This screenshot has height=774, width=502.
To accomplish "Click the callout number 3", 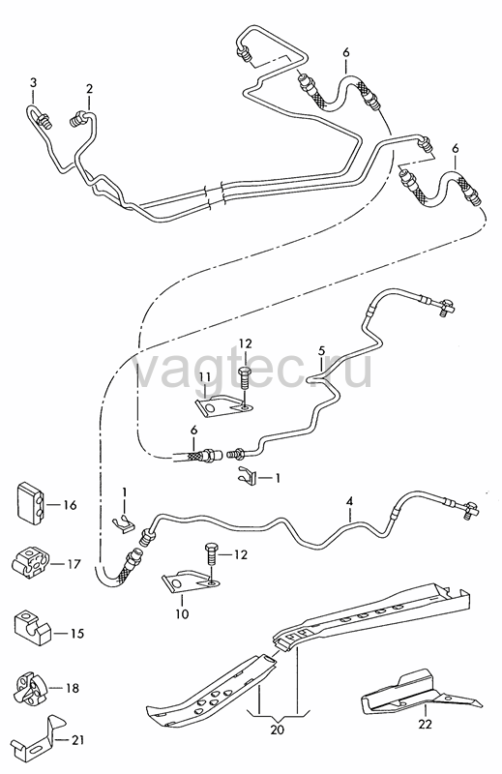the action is click(33, 82).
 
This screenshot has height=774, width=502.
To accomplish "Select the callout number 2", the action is click(89, 89).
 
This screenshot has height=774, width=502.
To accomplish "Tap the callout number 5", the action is click(321, 351).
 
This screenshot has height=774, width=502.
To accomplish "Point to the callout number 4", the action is click(349, 501).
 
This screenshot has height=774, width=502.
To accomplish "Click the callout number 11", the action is click(205, 377).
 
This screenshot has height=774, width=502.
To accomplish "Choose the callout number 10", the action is click(182, 614).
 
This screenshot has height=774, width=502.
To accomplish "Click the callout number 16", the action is click(70, 505).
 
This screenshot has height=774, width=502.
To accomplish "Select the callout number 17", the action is click(74, 564).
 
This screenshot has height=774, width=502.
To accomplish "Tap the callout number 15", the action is click(77, 634).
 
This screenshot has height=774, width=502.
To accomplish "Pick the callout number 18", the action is click(73, 688).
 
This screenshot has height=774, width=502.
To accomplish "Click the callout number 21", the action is click(77, 740).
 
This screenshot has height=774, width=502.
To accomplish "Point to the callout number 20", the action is click(278, 729).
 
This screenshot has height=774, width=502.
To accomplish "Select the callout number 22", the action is click(425, 724).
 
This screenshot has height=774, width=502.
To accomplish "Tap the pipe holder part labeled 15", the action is click(32, 625).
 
